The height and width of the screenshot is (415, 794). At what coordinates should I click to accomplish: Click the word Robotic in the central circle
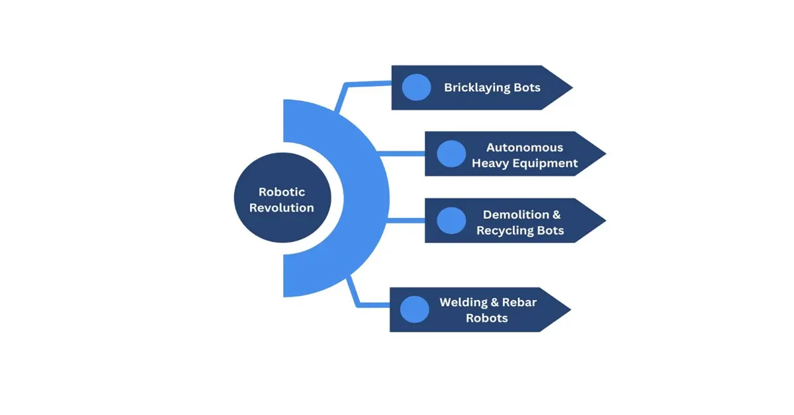[x=282, y=192]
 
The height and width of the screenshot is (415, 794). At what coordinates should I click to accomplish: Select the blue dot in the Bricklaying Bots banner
[x=416, y=87]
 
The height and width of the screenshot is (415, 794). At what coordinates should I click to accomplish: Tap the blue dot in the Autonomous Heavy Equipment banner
[x=451, y=154]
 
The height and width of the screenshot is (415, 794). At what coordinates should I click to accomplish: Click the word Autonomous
[x=525, y=147]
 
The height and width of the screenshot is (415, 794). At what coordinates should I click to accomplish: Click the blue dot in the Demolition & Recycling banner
[x=451, y=221]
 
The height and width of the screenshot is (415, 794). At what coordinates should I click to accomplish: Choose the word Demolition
[x=516, y=214]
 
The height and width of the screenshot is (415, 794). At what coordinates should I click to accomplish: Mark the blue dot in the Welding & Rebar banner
[x=415, y=309]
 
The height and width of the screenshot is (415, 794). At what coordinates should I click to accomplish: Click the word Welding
[x=463, y=302]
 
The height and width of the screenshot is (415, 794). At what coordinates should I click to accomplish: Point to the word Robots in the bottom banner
[x=487, y=318]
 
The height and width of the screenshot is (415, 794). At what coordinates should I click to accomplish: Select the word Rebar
[x=519, y=302]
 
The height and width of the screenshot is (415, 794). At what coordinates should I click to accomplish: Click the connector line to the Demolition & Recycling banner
[x=405, y=221]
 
